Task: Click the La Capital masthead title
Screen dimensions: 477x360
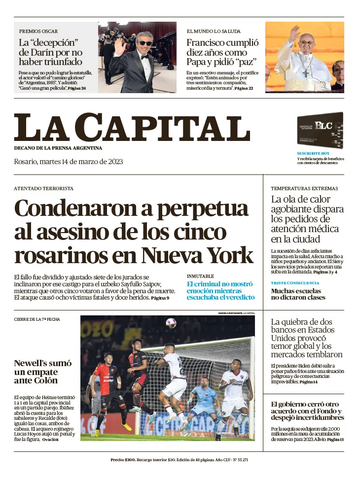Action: pos(132,127)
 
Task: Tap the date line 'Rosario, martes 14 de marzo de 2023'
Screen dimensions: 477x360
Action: pos(68,162)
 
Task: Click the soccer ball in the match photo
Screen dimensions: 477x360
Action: pos(171,323)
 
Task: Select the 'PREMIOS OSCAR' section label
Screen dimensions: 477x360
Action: pos(38,31)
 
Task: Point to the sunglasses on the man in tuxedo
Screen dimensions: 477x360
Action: pos(144,43)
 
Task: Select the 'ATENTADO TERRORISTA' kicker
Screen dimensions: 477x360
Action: pos(43,188)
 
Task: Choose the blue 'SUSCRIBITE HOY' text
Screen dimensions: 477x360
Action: pos(313,154)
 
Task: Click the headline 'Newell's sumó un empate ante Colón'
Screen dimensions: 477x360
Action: pos(42,372)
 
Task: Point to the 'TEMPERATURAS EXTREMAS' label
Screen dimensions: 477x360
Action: pos(304,188)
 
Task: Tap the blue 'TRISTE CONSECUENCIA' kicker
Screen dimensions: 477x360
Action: pos(295,283)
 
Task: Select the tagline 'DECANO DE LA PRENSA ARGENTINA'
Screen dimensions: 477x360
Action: pos(58,148)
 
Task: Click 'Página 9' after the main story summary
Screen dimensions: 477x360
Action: pos(160,298)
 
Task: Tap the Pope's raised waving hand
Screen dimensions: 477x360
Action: pos(294,34)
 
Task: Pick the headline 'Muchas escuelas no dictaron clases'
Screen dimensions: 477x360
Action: pos(298,294)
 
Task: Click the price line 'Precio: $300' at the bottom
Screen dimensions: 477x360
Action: pos(123,460)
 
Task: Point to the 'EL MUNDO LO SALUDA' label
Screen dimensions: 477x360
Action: pos(214,31)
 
